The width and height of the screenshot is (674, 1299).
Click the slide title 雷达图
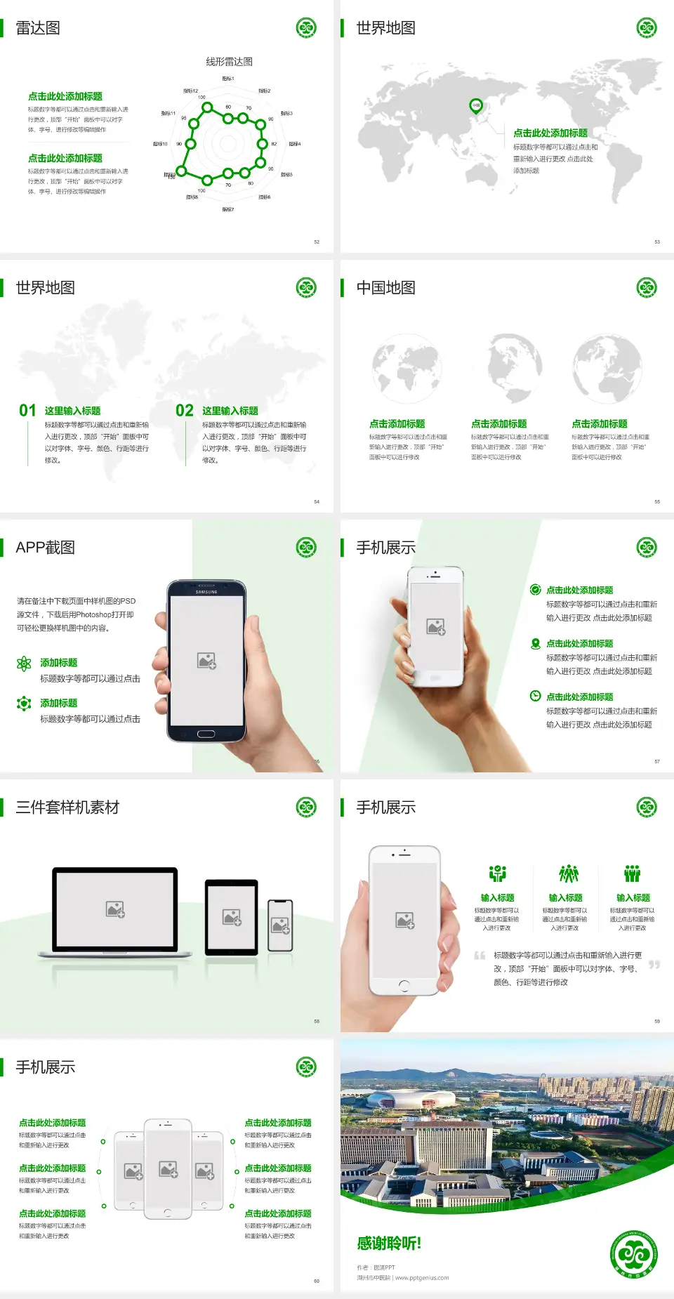point(38,28)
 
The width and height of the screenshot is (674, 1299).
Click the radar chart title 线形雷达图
point(229,62)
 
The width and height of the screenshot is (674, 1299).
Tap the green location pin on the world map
point(476,106)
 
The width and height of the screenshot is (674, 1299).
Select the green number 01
point(27,411)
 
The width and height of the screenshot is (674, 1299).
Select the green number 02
point(185,411)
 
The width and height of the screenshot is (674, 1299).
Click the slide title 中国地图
point(385,288)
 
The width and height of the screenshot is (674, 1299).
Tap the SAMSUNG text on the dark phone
point(206,592)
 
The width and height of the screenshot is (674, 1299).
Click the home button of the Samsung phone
point(206,734)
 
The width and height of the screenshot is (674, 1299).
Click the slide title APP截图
point(46,548)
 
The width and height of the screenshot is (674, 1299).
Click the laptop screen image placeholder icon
point(115,909)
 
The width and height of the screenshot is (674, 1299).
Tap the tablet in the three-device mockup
point(232,917)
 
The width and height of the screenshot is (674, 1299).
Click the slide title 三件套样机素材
point(67,807)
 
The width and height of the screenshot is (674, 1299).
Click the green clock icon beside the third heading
point(535,696)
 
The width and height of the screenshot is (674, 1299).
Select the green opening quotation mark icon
point(480,955)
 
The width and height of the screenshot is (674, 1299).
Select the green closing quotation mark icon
point(654,965)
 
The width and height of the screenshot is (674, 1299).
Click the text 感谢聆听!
point(389,1244)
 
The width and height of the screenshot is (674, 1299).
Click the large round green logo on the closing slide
point(634,1254)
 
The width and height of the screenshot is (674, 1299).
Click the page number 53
point(657,242)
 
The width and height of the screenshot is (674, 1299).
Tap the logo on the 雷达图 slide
point(306,28)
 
